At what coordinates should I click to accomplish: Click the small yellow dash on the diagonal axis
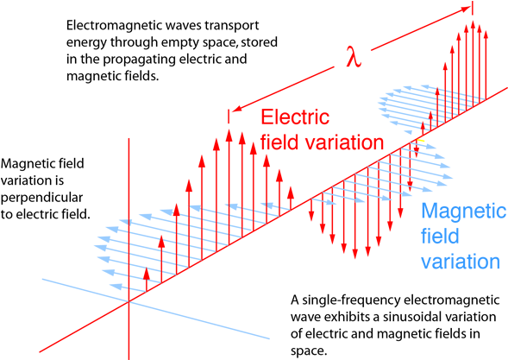tap(421, 140)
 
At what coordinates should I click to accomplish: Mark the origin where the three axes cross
tap(129, 301)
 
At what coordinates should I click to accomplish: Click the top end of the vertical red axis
tap(129, 138)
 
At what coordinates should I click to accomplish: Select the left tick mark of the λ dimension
tap(229, 116)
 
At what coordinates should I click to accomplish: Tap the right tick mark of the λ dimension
tap(473, 8)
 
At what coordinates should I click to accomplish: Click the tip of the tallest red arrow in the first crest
tap(229, 131)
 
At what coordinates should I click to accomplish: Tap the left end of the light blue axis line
tap(41, 280)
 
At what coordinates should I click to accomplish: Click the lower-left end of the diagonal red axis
tap(40, 351)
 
